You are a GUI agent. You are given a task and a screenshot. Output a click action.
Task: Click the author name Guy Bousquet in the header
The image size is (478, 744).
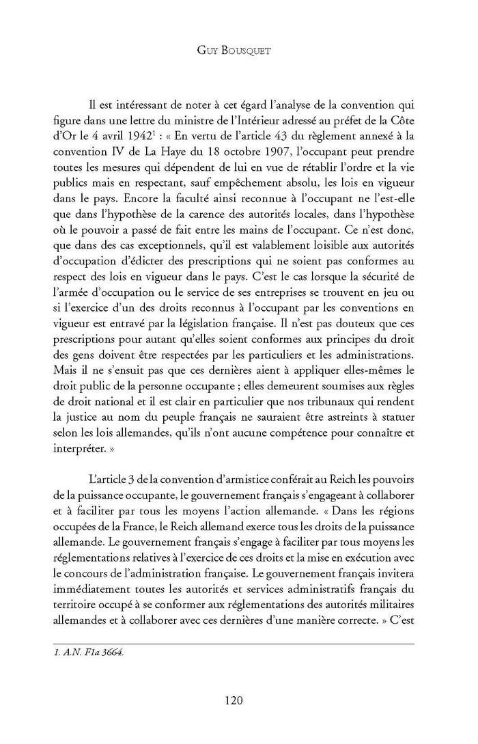[x=238, y=49]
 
